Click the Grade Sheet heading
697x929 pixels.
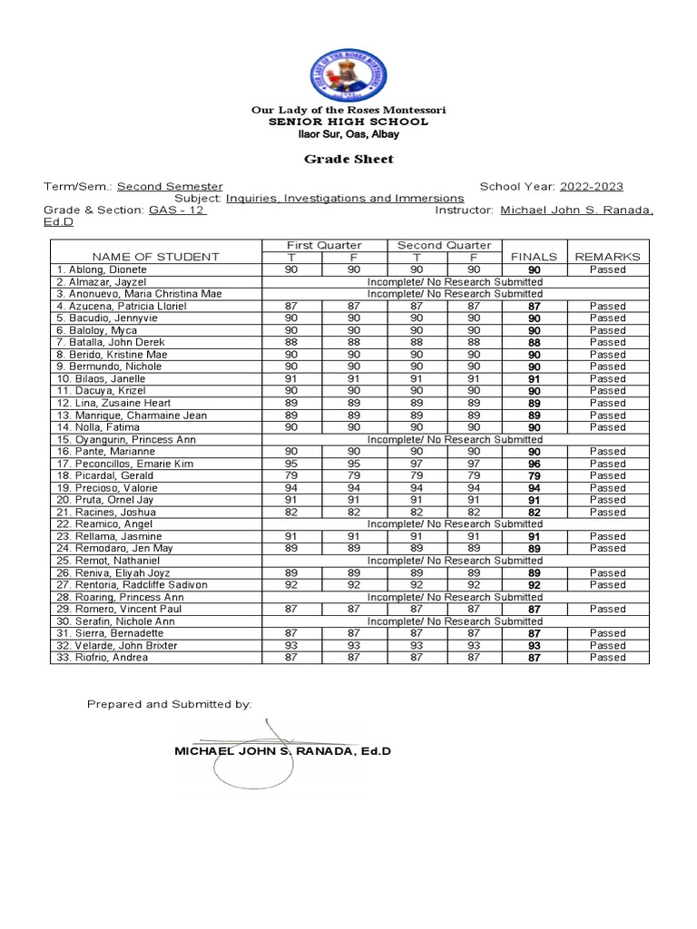(348, 159)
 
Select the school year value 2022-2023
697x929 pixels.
(591, 186)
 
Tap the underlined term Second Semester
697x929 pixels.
(170, 186)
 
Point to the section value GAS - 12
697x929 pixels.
(178, 210)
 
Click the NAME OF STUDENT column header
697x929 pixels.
(155, 257)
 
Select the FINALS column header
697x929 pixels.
(534, 257)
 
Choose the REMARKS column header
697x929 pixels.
(607, 257)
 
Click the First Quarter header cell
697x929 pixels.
(323, 245)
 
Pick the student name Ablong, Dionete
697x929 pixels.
(102, 270)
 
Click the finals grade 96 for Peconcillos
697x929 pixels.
(534, 464)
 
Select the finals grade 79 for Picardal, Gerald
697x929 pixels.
(534, 475)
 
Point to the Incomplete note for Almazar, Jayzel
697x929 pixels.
(455, 282)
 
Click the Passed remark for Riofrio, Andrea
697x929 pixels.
(607, 658)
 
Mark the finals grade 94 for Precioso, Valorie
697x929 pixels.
(534, 488)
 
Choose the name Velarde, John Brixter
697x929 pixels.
(117, 645)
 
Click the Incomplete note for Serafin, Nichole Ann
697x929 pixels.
(455, 621)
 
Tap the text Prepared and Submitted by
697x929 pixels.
(170, 704)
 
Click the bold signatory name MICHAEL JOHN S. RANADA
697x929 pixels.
(281, 752)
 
